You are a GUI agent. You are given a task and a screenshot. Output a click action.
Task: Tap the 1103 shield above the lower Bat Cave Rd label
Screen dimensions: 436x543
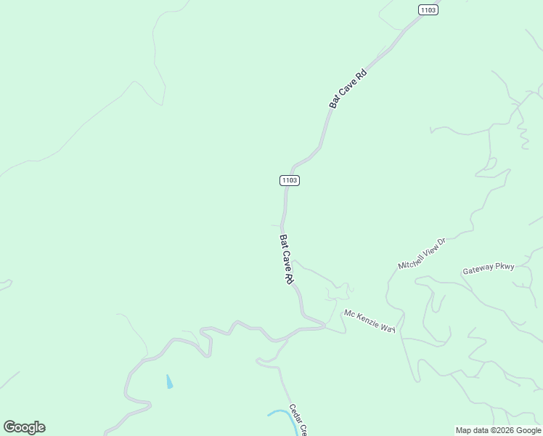tap(289, 180)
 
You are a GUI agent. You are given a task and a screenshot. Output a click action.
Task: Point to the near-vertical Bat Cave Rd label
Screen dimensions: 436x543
tap(286, 259)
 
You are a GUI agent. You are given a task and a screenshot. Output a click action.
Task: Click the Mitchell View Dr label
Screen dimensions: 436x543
tap(421, 254)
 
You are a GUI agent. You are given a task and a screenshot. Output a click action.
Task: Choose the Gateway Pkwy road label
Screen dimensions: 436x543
tap(489, 268)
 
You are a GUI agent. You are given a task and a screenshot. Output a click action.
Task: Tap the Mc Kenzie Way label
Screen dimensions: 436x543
tap(370, 321)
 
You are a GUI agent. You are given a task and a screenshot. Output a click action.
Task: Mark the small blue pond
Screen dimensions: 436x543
tap(169, 381)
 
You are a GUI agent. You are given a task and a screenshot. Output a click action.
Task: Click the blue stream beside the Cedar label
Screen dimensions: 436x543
tap(279, 413)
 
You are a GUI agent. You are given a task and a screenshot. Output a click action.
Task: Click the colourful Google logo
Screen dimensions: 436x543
tap(24, 427)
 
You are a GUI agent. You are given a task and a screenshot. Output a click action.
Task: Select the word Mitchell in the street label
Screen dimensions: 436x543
tap(411, 260)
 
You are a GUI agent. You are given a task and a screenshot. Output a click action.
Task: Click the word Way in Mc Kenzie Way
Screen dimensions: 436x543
tap(388, 328)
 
